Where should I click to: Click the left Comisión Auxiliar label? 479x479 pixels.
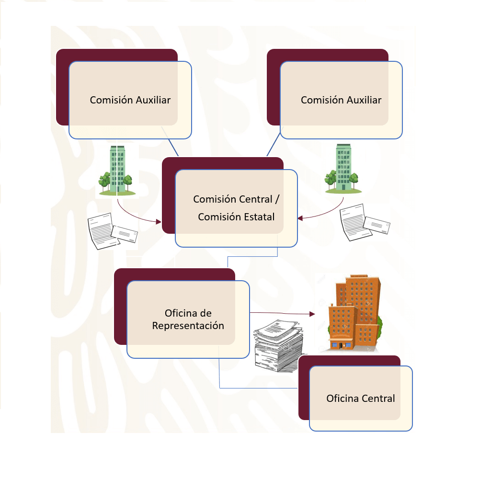[130, 100]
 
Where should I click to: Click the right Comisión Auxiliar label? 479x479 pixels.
[341, 100]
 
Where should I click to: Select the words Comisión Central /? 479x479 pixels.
[236, 199]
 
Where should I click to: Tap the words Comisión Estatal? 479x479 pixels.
[236, 217]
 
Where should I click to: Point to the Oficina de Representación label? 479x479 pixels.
[188, 319]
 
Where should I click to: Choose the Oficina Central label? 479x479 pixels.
[361, 398]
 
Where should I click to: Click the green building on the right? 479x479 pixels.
[342, 169]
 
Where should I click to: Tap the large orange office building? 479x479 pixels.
[354, 312]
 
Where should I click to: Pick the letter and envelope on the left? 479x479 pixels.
[111, 231]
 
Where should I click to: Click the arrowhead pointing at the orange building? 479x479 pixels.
[312, 315]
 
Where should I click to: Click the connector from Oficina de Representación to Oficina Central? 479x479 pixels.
[249, 388]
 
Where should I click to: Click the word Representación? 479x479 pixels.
[188, 325]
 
